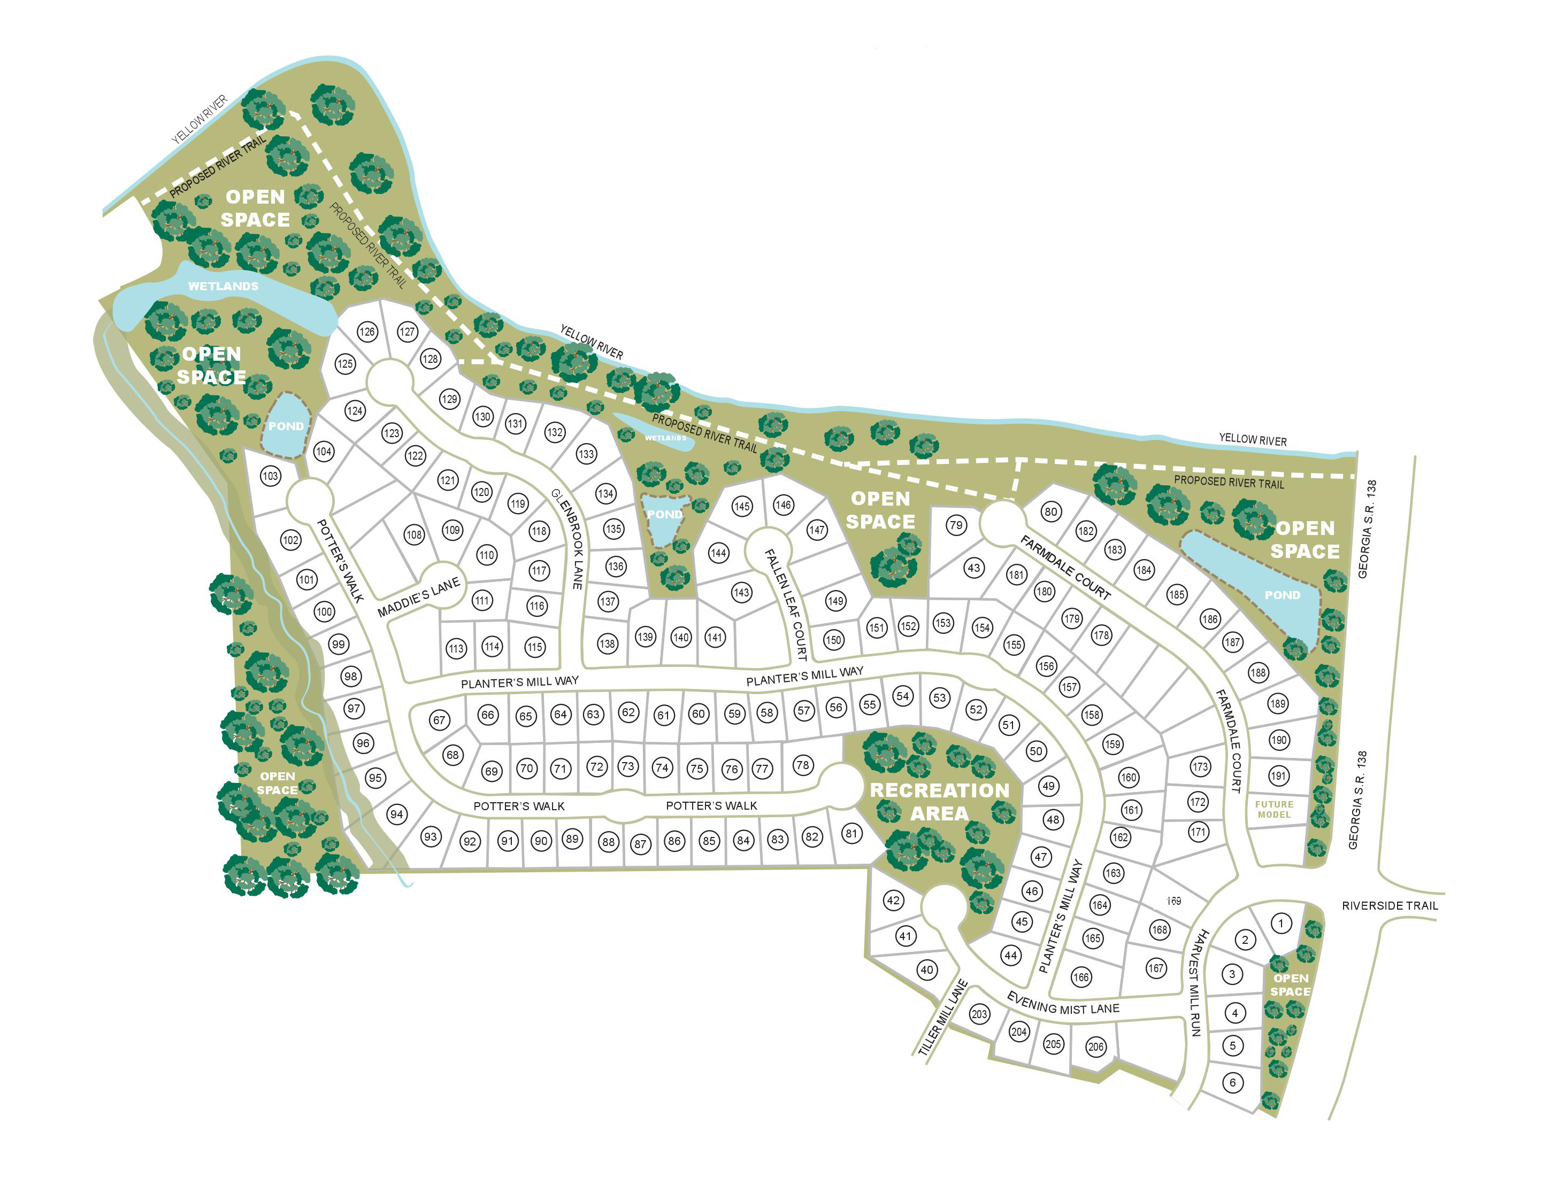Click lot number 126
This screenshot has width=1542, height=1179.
pos(366,332)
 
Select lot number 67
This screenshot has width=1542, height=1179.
pos(439,719)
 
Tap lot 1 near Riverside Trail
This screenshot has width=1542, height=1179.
pos(1281,924)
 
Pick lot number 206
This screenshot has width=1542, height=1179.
pos(1095,1047)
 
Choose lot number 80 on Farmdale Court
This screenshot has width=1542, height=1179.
pos(1050,511)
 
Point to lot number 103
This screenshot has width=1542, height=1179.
pos(270,476)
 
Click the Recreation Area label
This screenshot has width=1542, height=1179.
pos(940,802)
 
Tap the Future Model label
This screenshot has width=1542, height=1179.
pos(1274,809)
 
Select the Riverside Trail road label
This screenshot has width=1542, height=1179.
pos(1390,906)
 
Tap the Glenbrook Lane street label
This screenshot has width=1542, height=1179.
pos(568,538)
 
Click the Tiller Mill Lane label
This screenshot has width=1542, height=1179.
pos(942,1018)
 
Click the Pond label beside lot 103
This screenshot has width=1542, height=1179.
pos(286,426)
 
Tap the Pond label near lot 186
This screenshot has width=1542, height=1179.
pos(1282,595)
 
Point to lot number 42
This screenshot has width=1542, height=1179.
pos(893,901)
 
